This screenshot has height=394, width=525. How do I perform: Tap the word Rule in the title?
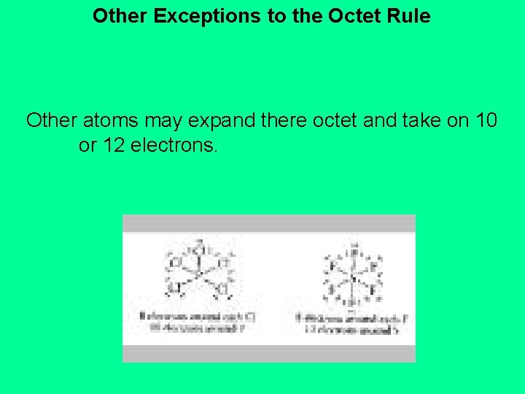411,15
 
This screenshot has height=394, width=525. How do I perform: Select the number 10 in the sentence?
483,120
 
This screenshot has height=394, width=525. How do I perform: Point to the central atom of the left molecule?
197,274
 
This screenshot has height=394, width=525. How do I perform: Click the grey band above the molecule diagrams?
268,223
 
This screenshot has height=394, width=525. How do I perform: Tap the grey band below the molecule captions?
268,353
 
